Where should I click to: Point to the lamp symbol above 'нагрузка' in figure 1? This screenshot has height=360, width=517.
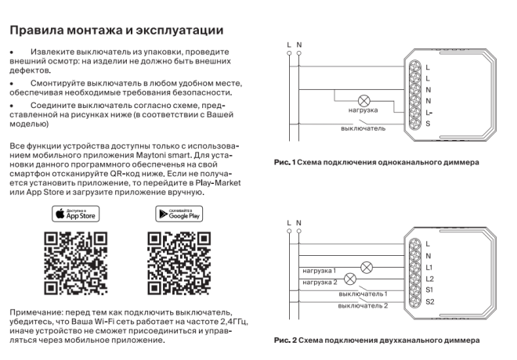point(363,101)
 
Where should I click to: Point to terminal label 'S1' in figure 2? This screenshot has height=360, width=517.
point(428,290)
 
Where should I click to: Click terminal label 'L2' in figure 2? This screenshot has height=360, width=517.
point(428,279)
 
